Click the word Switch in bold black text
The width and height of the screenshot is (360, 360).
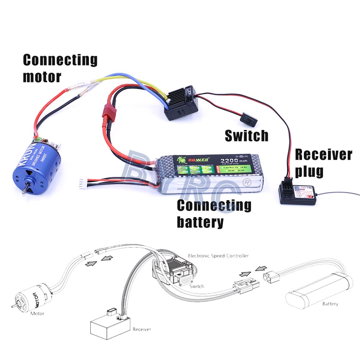(x=247, y=136)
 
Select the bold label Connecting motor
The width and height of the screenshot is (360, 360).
(x=60, y=68)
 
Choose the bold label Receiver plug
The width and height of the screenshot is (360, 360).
(x=323, y=163)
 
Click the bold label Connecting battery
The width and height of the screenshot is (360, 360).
(x=214, y=213)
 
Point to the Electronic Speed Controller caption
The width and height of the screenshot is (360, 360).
(x=218, y=256)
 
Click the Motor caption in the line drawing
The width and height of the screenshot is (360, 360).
(x=37, y=314)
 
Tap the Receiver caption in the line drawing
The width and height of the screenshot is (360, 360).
(x=142, y=329)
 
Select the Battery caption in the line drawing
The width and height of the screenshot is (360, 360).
(x=330, y=304)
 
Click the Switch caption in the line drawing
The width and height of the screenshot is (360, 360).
(x=197, y=286)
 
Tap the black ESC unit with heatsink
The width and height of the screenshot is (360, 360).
(x=180, y=103)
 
